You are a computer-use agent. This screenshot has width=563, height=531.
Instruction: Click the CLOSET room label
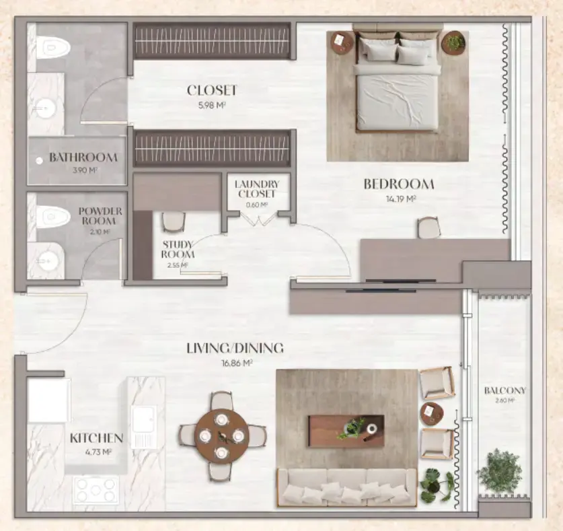[212, 90]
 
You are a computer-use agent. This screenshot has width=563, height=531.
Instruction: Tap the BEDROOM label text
[399, 184]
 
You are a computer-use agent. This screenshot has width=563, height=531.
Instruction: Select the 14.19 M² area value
[402, 199]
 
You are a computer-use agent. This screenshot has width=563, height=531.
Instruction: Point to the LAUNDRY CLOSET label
[257, 188]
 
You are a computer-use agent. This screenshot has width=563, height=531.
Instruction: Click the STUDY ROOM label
[178, 249]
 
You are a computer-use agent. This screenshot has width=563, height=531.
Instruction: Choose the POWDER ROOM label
[100, 215]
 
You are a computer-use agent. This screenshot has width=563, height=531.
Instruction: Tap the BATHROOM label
[83, 158]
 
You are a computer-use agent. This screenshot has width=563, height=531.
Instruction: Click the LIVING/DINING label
[235, 349]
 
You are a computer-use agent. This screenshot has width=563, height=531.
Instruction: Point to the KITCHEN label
[96, 438]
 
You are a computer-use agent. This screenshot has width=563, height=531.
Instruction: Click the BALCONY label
[504, 390]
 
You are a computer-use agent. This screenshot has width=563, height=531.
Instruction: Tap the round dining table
[222, 436]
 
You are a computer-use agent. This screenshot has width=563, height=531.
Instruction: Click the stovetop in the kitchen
[96, 489]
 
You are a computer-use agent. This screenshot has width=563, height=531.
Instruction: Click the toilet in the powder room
[52, 216]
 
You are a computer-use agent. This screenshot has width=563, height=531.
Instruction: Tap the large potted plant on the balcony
[500, 470]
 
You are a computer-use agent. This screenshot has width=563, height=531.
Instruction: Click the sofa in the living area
[347, 487]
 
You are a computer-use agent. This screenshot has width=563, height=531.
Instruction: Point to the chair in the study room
[173, 223]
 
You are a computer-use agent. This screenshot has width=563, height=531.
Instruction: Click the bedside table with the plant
[454, 42]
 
